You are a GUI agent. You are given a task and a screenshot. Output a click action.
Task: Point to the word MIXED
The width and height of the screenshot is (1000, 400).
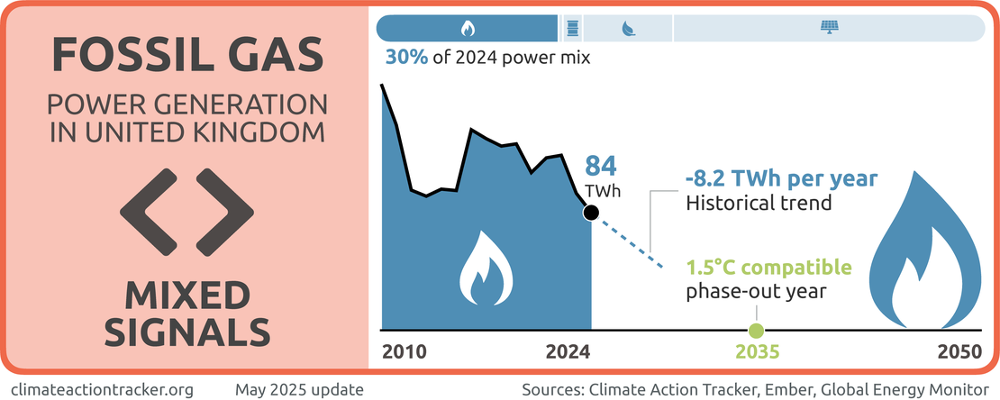[x=186, y=295]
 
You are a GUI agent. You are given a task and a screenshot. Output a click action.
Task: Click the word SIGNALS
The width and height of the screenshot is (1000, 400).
[x=186, y=332]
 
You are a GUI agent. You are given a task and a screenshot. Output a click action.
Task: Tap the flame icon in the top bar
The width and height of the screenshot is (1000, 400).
[x=467, y=28]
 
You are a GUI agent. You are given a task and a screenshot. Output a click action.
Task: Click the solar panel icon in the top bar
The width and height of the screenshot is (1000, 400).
[x=828, y=28]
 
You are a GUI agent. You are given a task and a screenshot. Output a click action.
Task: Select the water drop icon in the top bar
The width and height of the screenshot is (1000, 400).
[x=626, y=28]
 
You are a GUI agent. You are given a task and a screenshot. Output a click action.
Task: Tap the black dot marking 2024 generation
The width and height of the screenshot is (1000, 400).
[x=591, y=213]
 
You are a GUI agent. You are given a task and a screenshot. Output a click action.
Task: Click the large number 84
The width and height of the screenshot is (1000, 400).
[x=602, y=167]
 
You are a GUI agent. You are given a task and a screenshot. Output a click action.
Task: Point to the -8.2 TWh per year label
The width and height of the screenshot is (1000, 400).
[x=780, y=178]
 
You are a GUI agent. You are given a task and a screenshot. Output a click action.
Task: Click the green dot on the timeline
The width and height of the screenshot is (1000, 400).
[x=756, y=330]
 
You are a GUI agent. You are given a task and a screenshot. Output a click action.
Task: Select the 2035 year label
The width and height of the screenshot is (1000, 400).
[x=756, y=352]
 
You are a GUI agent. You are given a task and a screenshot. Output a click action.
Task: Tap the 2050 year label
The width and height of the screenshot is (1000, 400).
[x=959, y=352]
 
